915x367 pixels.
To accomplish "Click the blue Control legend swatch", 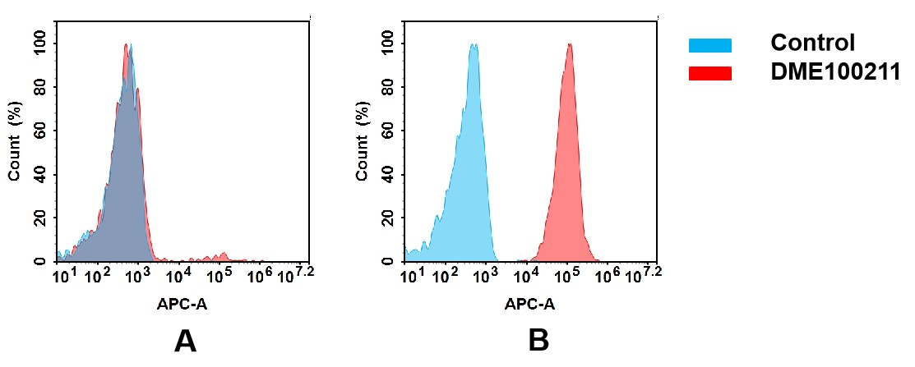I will (709, 45).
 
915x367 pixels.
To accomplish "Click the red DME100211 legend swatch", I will (709, 73).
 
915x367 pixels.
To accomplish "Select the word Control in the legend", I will (812, 43).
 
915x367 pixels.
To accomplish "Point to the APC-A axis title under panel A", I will (182, 304).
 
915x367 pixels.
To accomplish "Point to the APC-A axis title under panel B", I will (530, 304).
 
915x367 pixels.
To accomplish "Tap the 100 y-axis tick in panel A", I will (39, 44).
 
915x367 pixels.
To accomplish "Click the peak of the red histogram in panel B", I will (569, 46).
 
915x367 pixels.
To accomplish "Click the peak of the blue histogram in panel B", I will (473, 46).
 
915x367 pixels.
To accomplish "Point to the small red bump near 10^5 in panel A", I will (220, 256).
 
